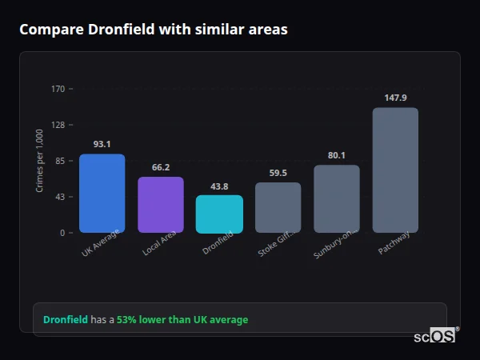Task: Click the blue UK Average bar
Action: pos(102,193)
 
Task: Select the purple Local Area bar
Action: pos(160,204)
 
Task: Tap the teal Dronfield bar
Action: pos(219,214)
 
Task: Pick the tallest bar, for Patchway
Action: pos(395,170)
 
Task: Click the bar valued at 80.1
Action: pos(337,198)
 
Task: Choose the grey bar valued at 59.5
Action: pos(278,207)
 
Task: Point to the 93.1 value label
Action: pos(102,144)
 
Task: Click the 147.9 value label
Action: pos(395,98)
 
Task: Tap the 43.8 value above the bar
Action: pos(219,186)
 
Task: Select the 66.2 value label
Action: pos(160,167)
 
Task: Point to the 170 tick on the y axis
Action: pos(58,89)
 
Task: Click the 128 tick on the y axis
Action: pos(58,125)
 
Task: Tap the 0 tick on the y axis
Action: pos(62,233)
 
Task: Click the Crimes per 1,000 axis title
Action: pos(40,160)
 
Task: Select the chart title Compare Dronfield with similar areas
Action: pos(153,30)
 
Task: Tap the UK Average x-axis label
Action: pos(100,243)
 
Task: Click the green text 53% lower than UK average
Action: pos(182,320)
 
